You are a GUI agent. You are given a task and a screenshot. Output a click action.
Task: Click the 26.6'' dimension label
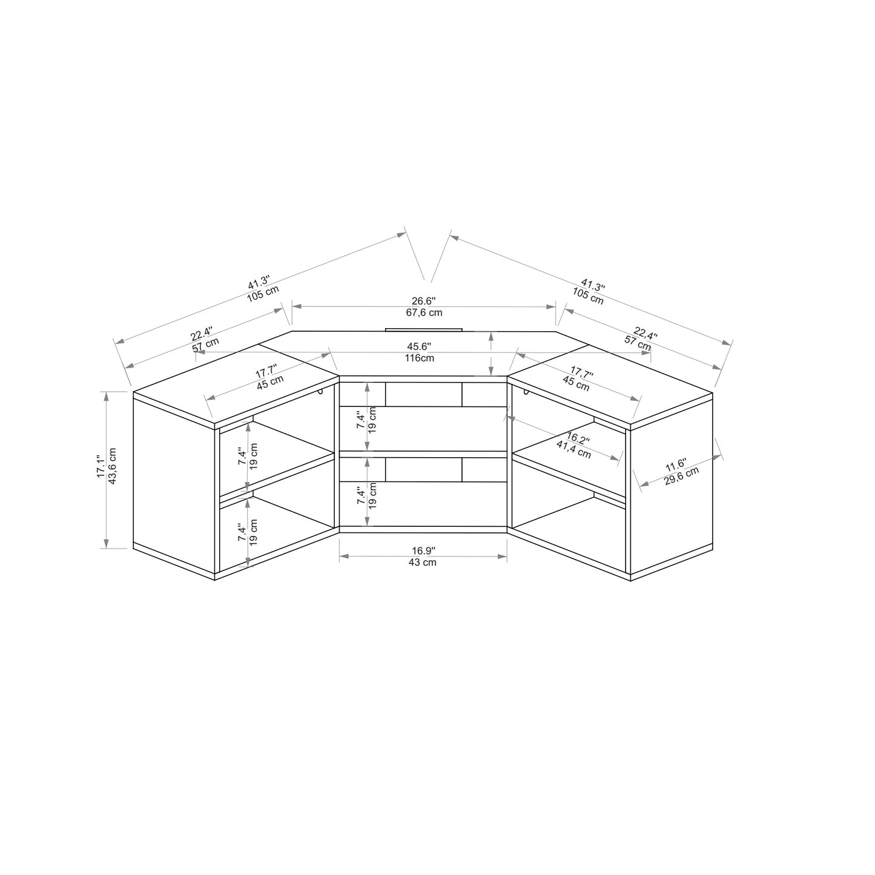click(x=423, y=301)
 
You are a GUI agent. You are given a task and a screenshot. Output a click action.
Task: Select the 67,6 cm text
click(x=424, y=312)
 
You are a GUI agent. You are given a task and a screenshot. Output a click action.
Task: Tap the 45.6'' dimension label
click(x=418, y=346)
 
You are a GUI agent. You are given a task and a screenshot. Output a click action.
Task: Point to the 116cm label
click(x=419, y=358)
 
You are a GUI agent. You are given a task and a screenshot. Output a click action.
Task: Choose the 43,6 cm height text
click(x=113, y=466)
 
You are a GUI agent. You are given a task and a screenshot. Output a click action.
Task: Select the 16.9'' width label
click(x=423, y=551)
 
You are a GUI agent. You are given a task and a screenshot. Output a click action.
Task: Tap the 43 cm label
click(x=423, y=562)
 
